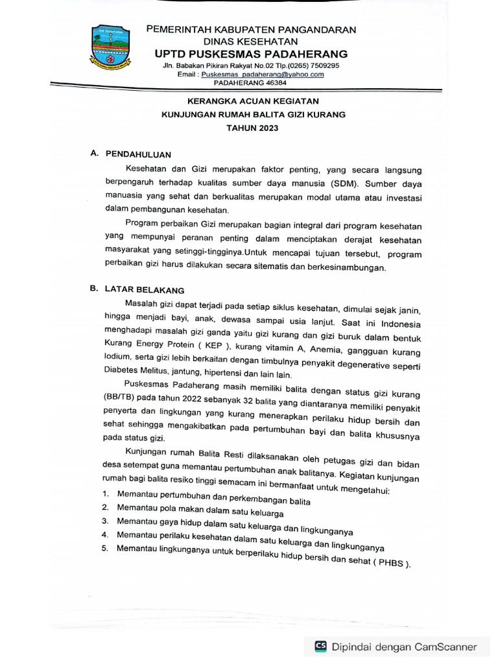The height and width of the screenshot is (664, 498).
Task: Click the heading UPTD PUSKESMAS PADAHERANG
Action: (x=251, y=54)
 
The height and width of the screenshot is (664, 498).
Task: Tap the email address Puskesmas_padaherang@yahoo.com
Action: (x=263, y=75)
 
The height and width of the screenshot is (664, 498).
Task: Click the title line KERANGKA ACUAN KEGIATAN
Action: (x=253, y=101)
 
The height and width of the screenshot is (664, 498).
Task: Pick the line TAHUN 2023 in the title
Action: (x=252, y=128)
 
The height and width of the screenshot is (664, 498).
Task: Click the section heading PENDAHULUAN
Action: (x=137, y=154)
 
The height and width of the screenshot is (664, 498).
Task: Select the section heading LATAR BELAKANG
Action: (x=145, y=290)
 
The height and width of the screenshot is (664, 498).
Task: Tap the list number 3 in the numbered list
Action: (x=104, y=521)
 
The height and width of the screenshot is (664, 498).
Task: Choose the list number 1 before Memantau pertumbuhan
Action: (x=104, y=494)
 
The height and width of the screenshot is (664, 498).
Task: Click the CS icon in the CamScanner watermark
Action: (x=320, y=646)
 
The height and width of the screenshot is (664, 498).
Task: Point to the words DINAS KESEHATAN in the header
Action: (x=251, y=41)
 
